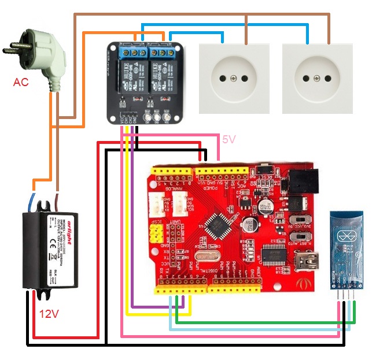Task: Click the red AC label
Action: [x=21, y=83]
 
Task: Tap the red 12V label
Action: [x=49, y=314]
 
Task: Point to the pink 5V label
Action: [x=230, y=139]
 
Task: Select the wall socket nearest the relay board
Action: [x=234, y=77]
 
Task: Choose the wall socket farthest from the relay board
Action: [x=317, y=77]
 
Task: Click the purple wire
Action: [x=132, y=231]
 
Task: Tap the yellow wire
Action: [x=127, y=231]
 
